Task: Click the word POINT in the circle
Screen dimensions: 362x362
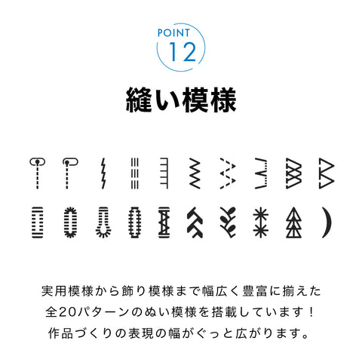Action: [x=181, y=34]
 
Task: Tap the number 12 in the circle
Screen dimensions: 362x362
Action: [x=181, y=52]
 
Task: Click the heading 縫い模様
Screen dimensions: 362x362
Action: [x=181, y=99]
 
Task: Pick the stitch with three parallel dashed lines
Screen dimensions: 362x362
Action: [x=133, y=172]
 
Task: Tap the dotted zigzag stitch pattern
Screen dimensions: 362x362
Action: [x=226, y=172]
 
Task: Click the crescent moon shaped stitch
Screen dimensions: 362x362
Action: [x=327, y=222]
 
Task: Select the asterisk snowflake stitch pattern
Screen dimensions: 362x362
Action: [x=260, y=222]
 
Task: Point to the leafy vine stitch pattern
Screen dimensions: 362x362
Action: [x=226, y=222]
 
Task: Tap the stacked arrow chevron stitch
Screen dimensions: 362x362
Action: [x=195, y=222]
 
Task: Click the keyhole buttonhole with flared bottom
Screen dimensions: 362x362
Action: [x=103, y=222]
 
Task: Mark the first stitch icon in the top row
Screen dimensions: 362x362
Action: [x=35, y=172]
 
